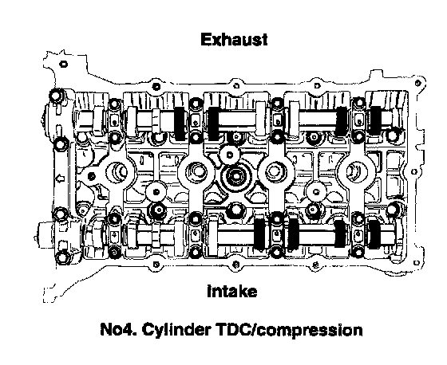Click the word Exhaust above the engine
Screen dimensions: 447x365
pyautogui.click(x=234, y=40)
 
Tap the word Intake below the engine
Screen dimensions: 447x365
pyautogui.click(x=231, y=291)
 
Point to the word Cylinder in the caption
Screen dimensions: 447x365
pyautogui.click(x=176, y=330)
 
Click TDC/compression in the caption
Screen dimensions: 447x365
pyautogui.click(x=289, y=331)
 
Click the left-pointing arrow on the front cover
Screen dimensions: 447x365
pyautogui.click(x=60, y=179)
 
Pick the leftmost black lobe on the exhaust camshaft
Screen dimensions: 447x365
pyautogui.click(x=180, y=124)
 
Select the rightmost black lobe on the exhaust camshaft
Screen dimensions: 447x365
pyautogui.click(x=375, y=120)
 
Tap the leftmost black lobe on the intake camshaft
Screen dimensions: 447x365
pyautogui.click(x=259, y=233)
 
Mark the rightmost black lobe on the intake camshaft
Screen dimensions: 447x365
pyautogui.click(x=374, y=234)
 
